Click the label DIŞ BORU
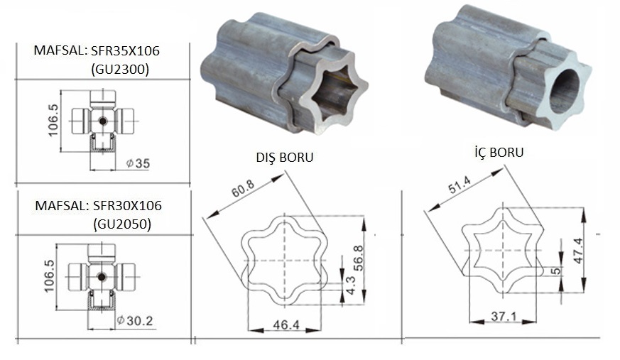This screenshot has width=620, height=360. point(285,157)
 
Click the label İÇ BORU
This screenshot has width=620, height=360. point(499,152)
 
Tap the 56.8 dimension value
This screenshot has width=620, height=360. point(359,258)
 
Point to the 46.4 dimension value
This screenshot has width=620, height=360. point(286,324)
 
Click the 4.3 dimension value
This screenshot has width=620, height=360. point(351,285)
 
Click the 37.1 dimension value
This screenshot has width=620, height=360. point(504,316)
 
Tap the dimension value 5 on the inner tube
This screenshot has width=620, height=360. point(556,271)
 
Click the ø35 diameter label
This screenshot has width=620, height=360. point(138,163)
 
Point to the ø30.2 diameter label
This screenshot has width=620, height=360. point(135,320)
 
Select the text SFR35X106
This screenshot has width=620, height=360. point(125,50)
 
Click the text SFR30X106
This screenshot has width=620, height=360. point(127,205)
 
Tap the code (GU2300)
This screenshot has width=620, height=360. point(120,69)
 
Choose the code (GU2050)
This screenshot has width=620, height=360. point(122,224)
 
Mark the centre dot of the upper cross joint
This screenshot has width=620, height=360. point(102,121)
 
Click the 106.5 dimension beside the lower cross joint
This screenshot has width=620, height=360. point(50,276)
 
